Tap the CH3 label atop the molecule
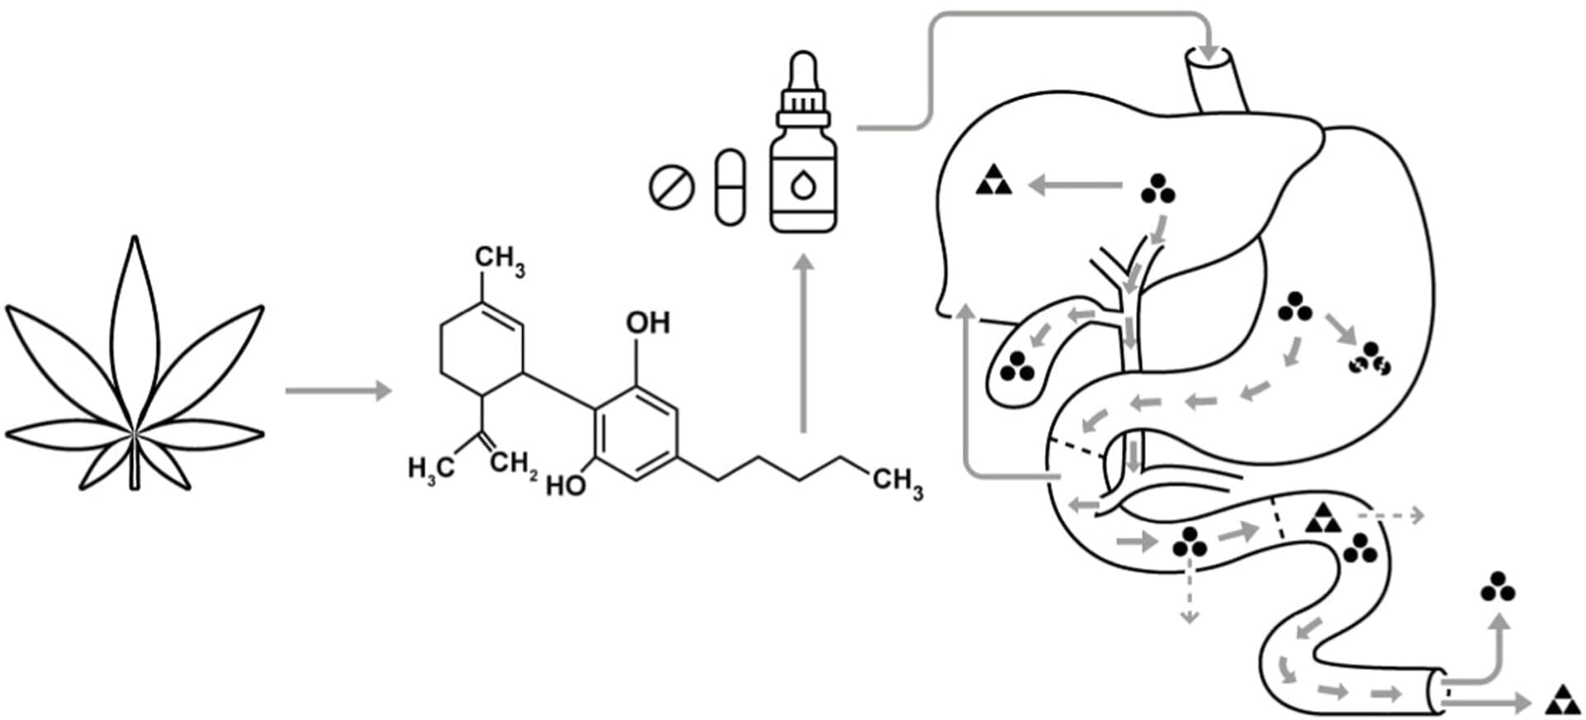pos(500,260)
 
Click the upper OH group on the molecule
pos(648,322)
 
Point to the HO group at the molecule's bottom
pos(566,485)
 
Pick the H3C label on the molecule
pos(430,469)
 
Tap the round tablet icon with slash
pos(672,188)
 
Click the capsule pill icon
pos(729,187)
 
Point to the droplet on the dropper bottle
pos(803,185)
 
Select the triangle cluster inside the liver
pos(993,181)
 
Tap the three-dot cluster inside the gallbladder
pos(1016,365)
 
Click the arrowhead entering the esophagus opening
pos(1208,51)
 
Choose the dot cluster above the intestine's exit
pos(1498,586)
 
